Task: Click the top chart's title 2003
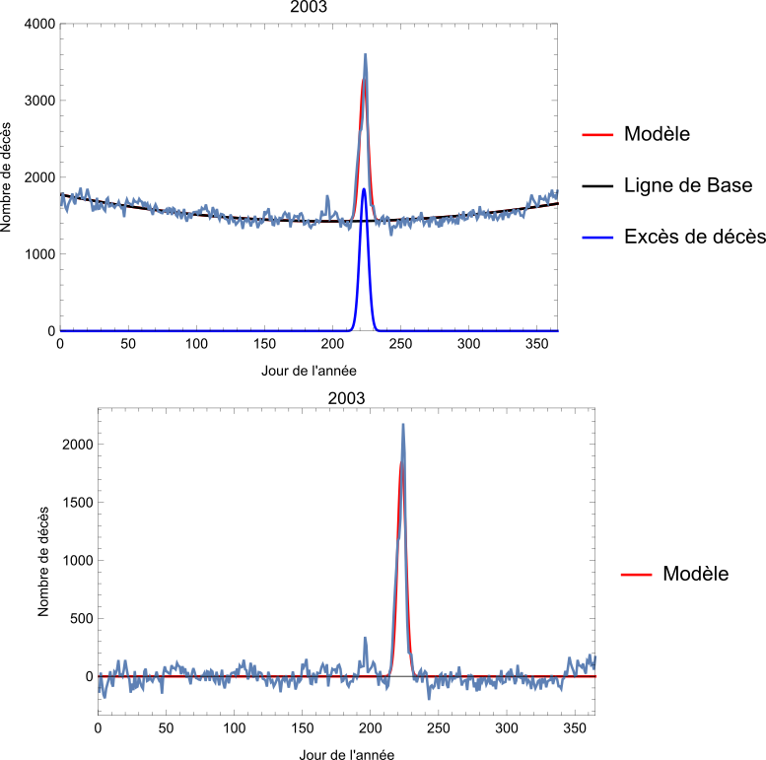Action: click(309, 8)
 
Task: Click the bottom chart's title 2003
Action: click(346, 398)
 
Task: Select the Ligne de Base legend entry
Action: click(688, 185)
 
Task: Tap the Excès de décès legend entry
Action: click(695, 237)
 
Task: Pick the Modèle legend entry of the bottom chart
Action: click(695, 574)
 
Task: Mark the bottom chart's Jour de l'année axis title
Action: click(346, 754)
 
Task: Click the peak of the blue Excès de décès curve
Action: click(364, 189)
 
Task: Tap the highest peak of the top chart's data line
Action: click(365, 55)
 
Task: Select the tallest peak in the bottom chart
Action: click(403, 425)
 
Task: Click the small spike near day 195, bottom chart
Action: click(365, 638)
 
